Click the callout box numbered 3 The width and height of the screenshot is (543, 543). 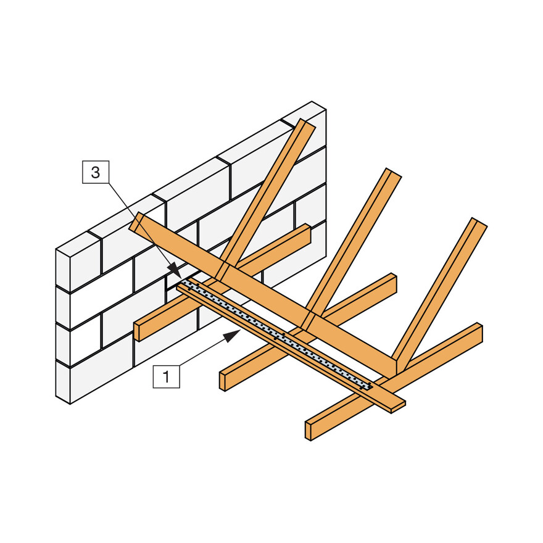click(95, 172)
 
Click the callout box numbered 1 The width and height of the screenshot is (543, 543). click(166, 375)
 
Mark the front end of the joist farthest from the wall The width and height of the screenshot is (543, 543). click(309, 430)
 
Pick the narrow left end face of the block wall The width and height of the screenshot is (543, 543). click(63, 327)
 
